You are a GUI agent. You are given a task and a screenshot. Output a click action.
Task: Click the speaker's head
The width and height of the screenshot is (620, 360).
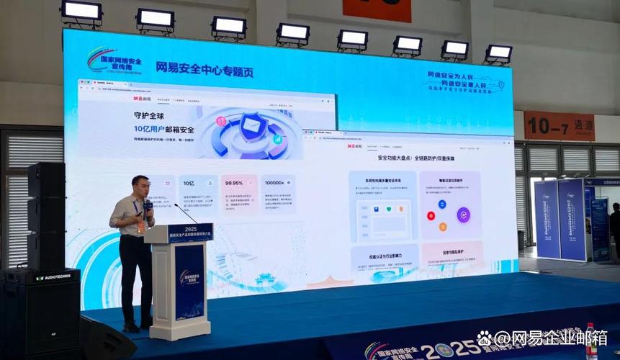pos(140,184)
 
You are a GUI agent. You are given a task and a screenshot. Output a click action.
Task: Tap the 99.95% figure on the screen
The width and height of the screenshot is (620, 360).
pos(234,184)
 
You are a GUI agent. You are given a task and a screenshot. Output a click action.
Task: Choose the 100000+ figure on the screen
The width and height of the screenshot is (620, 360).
pos(277,184)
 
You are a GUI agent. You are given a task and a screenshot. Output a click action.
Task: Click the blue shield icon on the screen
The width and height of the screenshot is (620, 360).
pos(252,126)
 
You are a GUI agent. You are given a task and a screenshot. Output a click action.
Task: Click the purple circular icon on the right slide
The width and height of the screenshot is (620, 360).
pos(464,215)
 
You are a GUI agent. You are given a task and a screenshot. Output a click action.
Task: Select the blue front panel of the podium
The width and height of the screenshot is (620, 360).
pos(189,282)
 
